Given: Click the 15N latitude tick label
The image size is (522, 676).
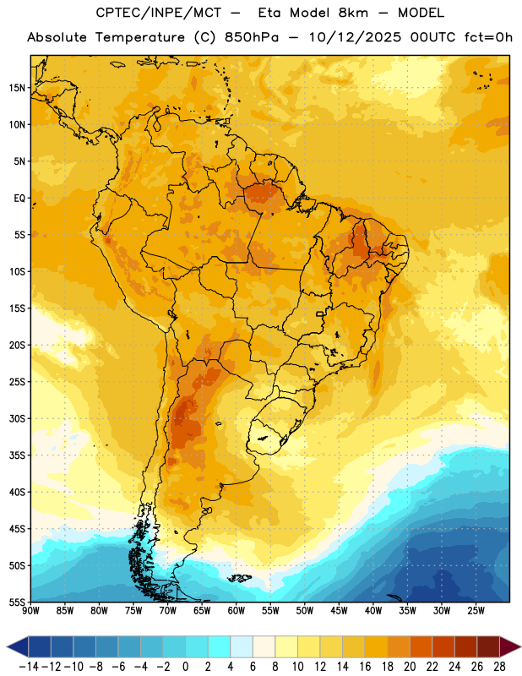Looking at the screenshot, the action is pos(17,88).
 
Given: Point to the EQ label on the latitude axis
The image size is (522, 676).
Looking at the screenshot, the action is pos(19,199).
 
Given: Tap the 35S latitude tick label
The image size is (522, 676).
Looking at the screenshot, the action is pos(17,455).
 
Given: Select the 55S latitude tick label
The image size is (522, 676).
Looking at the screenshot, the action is pos(17,602).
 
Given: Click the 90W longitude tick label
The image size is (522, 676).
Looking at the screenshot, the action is pos(30,611).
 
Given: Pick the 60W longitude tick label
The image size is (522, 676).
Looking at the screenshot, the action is pos(237,611).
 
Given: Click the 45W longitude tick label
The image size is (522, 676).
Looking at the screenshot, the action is pos(339,611).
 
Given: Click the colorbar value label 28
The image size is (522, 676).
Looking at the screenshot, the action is pos(499,667).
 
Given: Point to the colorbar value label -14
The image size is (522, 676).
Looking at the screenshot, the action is pos(29,667).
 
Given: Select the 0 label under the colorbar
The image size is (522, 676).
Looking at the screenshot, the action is pos(185,667).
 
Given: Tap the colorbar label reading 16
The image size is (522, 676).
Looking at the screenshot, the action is pos(365,667).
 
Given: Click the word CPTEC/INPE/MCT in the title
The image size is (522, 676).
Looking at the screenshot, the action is pos(159,14).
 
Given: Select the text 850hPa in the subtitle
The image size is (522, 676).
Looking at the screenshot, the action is pos(252,37).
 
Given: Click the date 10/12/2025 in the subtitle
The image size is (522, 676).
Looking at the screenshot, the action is pos(355,37).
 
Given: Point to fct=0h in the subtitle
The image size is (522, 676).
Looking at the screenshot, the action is pos(488,37).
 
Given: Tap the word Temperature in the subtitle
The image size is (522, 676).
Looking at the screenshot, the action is pos(139,37).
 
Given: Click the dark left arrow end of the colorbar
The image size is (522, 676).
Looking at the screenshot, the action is pos(17,646).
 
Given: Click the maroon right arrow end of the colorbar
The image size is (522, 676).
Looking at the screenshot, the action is pos(511,646).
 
